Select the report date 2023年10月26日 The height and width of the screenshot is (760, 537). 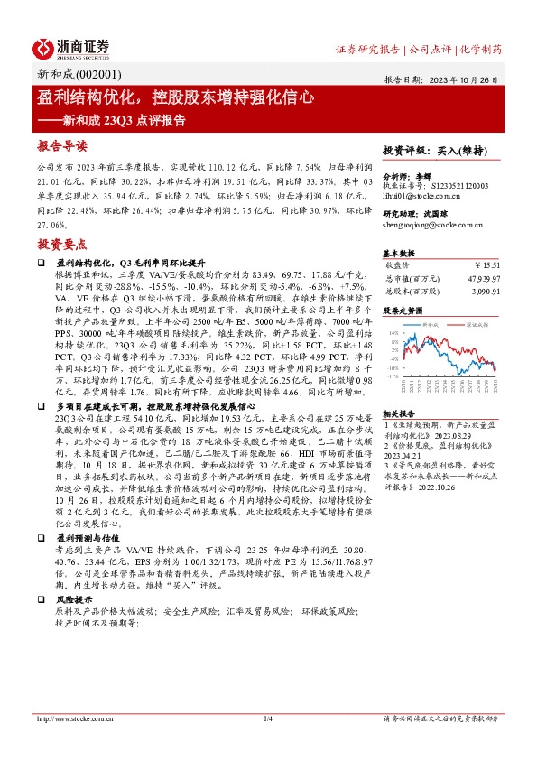[472, 79]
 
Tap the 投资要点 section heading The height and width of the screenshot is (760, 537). [62, 244]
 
